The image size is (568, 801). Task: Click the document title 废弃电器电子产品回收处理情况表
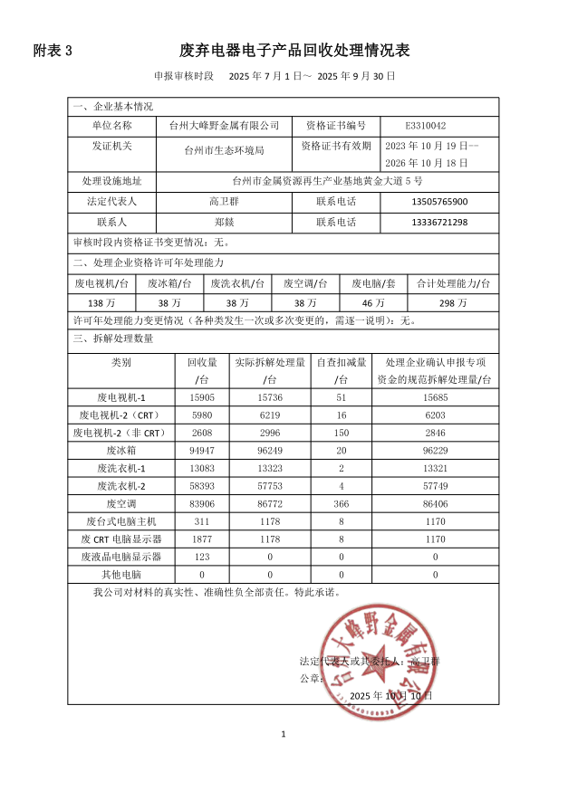pyautogui.click(x=295, y=51)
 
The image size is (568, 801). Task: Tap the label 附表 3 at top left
pyautogui.click(x=52, y=51)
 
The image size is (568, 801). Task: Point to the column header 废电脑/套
pyautogui.click(x=373, y=283)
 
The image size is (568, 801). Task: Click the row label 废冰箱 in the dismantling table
pyautogui.click(x=121, y=449)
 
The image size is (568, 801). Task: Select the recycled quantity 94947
pyautogui.click(x=201, y=449)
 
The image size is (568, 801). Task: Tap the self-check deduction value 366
pyautogui.click(x=341, y=502)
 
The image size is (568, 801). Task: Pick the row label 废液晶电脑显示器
pyautogui.click(x=121, y=556)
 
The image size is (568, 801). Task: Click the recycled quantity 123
pyautogui.click(x=201, y=556)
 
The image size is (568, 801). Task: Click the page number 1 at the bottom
pyautogui.click(x=284, y=734)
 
